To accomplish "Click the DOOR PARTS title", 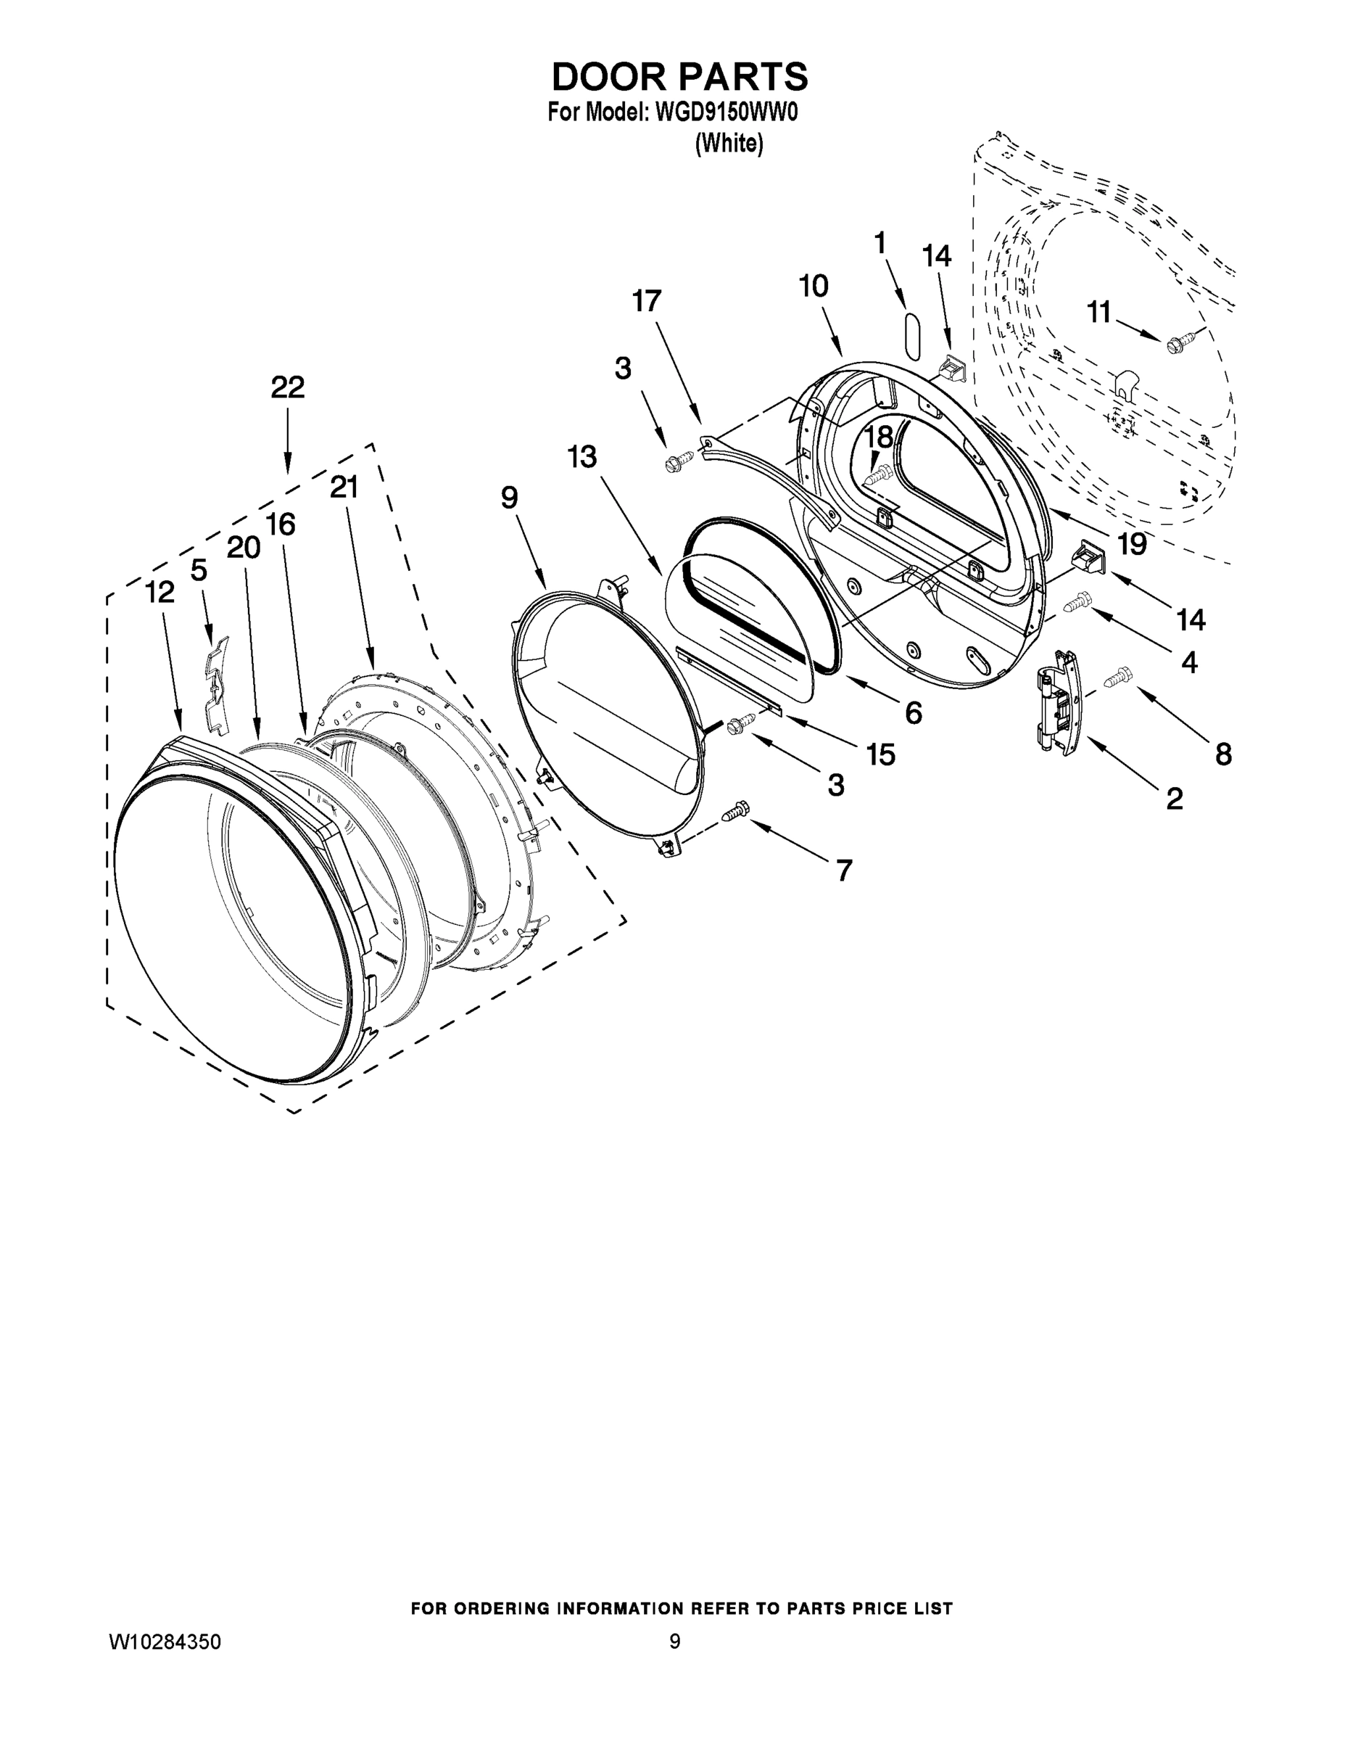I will pos(679,78).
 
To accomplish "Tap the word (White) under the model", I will pos(728,144).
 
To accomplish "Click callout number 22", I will pos(288,388).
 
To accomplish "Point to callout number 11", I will pos(1100,313).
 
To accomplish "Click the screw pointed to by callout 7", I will pos(735,812).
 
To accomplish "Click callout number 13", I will pos(582,458).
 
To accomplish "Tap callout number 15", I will pos(880,754).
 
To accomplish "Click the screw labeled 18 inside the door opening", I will pos(876,477).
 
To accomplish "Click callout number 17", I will pos(646,301).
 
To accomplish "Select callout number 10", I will pos(814,287).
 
